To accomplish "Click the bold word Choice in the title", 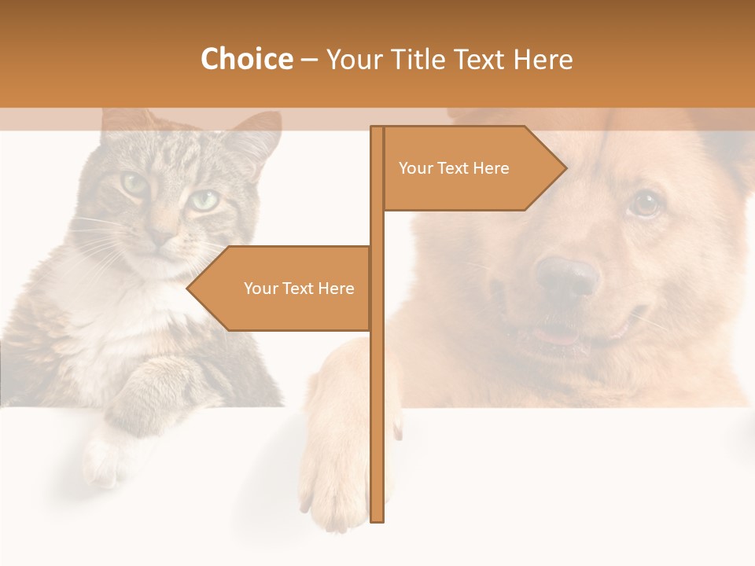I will [x=246, y=60].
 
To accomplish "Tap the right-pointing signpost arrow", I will [x=472, y=168].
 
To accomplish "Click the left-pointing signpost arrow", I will [x=283, y=289].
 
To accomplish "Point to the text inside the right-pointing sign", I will [x=454, y=168].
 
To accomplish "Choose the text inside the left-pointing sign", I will [x=299, y=289].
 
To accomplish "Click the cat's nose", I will [x=164, y=235].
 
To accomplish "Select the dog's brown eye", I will [x=646, y=204].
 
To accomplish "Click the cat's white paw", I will [x=102, y=460].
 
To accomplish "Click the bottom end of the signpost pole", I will [x=377, y=517].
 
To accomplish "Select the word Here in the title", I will [x=543, y=60].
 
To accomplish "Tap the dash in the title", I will [x=309, y=61].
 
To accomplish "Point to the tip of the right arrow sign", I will [x=565, y=167].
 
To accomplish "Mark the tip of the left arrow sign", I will [x=188, y=289].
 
